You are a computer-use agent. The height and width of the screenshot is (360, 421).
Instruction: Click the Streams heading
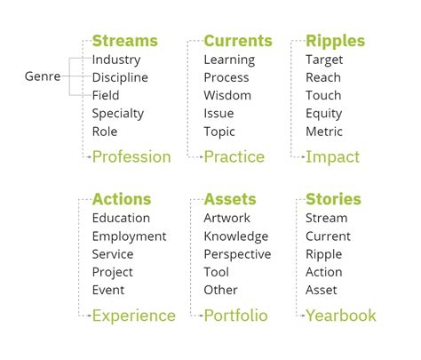[x=125, y=41]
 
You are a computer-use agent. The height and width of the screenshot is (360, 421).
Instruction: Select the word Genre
[x=43, y=76]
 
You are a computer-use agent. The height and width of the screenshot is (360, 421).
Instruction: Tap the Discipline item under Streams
[x=120, y=77]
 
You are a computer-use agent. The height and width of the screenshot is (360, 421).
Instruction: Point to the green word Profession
[x=131, y=156]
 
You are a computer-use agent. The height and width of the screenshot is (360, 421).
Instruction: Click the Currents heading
[x=238, y=41]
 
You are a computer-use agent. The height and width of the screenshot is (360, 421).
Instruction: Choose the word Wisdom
[x=227, y=95]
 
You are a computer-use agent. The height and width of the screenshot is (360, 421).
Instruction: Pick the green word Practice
[x=234, y=156]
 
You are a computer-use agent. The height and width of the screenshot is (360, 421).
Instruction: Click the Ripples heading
[x=335, y=42]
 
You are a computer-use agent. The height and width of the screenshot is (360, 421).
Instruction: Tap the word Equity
[x=324, y=114]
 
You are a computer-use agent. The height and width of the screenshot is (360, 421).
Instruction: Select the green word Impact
[x=332, y=157]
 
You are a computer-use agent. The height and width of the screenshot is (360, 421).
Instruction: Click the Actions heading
[x=122, y=199]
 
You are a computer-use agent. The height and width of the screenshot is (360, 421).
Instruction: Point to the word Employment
[x=129, y=236]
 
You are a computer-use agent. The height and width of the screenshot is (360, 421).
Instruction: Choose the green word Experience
[x=134, y=316]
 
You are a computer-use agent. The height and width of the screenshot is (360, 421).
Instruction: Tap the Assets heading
[x=230, y=199]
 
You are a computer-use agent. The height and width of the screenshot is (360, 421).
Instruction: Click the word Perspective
[x=237, y=254]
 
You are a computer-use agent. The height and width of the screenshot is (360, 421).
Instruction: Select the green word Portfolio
[x=236, y=316]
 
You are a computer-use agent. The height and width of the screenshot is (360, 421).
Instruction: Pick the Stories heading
[x=333, y=199]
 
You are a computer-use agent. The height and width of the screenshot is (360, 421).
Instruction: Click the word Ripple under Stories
[x=324, y=254]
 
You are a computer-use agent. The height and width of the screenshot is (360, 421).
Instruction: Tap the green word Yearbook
[x=341, y=316]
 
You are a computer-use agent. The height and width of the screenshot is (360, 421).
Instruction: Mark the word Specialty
[x=118, y=114]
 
